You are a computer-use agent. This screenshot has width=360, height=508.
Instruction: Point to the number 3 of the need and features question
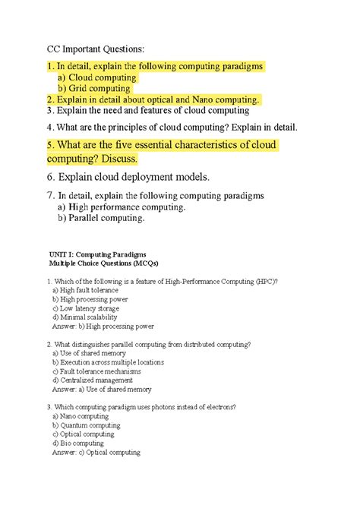coord(49,110)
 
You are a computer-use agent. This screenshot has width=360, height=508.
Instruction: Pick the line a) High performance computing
coord(121,207)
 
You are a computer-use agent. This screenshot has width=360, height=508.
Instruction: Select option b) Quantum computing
coord(87,425)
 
